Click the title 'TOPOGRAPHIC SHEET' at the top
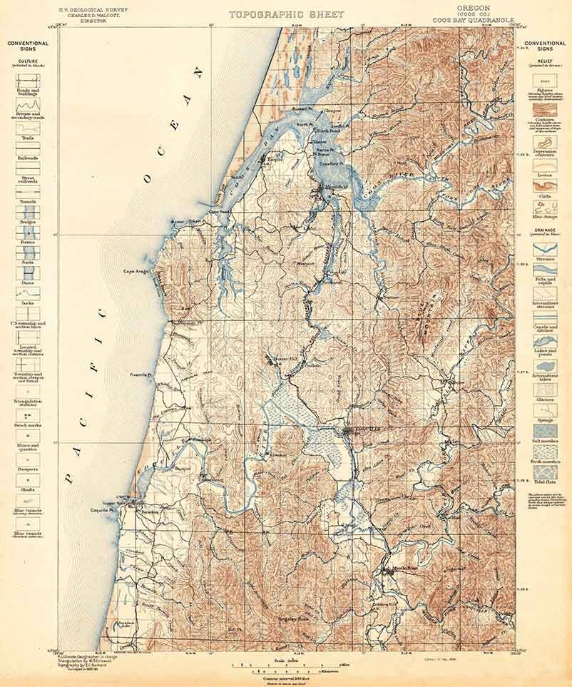pos(286,14)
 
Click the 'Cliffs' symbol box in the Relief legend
pos(544,185)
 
